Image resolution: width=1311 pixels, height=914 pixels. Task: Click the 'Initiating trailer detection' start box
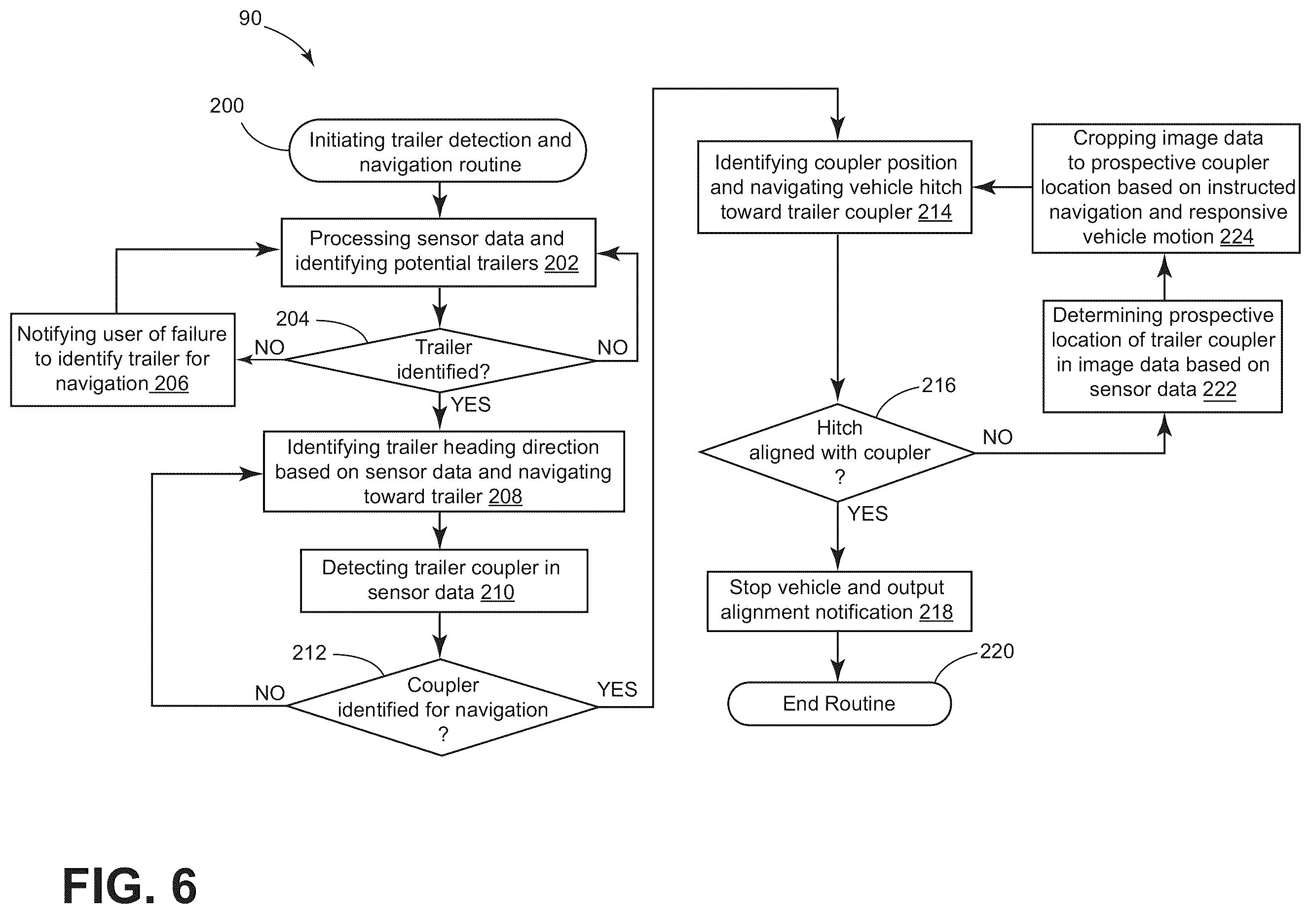(x=437, y=151)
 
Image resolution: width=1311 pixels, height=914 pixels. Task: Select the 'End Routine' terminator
(x=839, y=704)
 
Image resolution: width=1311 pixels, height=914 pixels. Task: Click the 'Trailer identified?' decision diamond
(x=440, y=360)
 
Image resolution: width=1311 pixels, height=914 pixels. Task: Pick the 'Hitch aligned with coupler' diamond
(x=838, y=452)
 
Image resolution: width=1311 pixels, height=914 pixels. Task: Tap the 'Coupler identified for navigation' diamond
(x=442, y=707)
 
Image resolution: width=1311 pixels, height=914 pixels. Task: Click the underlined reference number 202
(x=562, y=263)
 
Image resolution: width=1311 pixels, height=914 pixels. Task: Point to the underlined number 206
(x=171, y=383)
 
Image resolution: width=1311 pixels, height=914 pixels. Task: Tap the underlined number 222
(x=1219, y=389)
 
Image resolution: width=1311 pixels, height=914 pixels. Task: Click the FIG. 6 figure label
(x=130, y=886)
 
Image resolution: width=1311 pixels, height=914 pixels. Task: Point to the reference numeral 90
(x=250, y=18)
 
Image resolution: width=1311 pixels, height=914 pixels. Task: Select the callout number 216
(x=938, y=385)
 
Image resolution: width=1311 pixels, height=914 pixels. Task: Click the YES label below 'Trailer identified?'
(x=471, y=404)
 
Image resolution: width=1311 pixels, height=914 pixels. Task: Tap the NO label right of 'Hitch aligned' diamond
(x=998, y=437)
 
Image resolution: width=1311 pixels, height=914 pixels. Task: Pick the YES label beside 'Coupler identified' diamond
(x=617, y=689)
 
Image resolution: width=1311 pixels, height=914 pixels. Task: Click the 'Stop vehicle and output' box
(x=839, y=601)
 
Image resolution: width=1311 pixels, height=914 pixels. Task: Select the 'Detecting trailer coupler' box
(x=444, y=580)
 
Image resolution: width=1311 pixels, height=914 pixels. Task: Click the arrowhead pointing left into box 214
(x=983, y=187)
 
